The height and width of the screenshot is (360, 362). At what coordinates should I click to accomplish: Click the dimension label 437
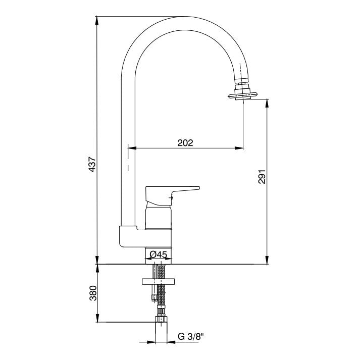pyautogui.click(x=92, y=164)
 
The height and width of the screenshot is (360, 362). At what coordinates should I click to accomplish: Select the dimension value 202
pyautogui.click(x=185, y=143)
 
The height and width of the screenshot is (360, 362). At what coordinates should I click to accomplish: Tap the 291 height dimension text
pyautogui.click(x=262, y=177)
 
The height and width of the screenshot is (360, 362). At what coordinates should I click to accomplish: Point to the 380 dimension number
pyautogui.click(x=93, y=293)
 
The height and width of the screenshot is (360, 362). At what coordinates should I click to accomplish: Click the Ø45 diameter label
pyautogui.click(x=159, y=254)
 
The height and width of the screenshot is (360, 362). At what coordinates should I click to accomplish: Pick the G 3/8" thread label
pyautogui.click(x=191, y=336)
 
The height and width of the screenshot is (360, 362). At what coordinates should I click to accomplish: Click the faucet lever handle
pyautogui.click(x=172, y=195)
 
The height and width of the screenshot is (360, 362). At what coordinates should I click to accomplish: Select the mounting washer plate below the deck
pyautogui.click(x=159, y=282)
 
